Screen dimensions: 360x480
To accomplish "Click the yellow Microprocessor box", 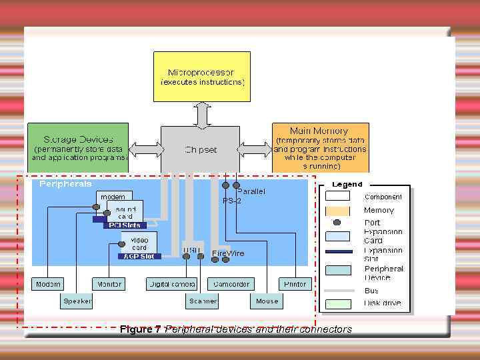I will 201,76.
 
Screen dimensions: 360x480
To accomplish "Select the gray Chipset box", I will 201,149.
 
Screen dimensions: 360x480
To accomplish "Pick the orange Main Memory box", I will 320,147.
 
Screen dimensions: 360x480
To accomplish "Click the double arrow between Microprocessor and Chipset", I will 202,114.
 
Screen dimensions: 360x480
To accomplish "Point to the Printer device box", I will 295,284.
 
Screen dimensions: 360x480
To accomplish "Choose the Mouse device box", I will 267,301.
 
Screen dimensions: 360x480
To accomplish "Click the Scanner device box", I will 203,301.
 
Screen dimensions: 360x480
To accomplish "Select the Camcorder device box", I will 231,284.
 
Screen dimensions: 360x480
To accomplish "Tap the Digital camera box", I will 171,284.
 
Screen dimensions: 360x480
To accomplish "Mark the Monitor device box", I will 109,284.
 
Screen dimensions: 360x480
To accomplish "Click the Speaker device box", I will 77,301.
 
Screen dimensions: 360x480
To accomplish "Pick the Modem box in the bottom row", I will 48,284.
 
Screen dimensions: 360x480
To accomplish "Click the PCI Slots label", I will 124,225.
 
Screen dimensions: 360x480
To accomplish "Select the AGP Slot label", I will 139,256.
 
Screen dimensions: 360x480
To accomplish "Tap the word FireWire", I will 228,253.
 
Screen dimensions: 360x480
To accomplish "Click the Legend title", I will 347,184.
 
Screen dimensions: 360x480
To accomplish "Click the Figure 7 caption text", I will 235,329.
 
